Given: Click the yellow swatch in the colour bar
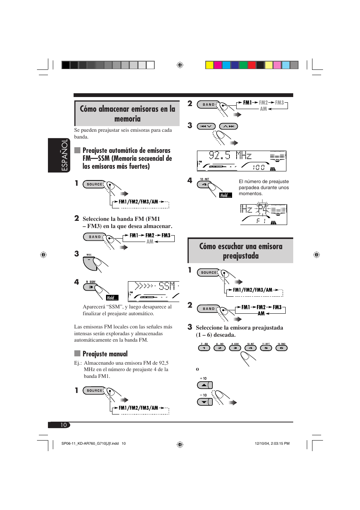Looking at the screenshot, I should click(x=209, y=65).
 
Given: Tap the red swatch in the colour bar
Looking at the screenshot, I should click(x=252, y=65).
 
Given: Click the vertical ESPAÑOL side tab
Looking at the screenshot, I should click(x=65, y=155).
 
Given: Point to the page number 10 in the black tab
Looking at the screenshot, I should click(x=63, y=425).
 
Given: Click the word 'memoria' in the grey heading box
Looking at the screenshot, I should click(x=128, y=119).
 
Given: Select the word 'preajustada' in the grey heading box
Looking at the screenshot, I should click(x=241, y=256).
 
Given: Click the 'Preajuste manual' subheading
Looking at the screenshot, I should click(x=105, y=354).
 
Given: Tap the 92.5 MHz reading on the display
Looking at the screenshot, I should click(x=230, y=155).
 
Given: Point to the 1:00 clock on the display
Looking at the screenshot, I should click(x=258, y=167).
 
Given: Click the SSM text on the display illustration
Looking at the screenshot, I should click(x=167, y=286).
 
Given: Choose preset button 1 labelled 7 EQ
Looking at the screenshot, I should click(x=204, y=348).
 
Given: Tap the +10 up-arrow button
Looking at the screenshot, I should click(x=205, y=385).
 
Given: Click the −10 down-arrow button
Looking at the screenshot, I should click(x=205, y=402).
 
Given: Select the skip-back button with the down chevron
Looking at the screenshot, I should click(x=206, y=126).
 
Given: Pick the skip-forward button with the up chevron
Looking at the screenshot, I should click(x=228, y=126).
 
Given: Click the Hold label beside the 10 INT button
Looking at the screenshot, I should click(x=226, y=195).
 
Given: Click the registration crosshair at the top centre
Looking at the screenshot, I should click(x=180, y=65).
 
